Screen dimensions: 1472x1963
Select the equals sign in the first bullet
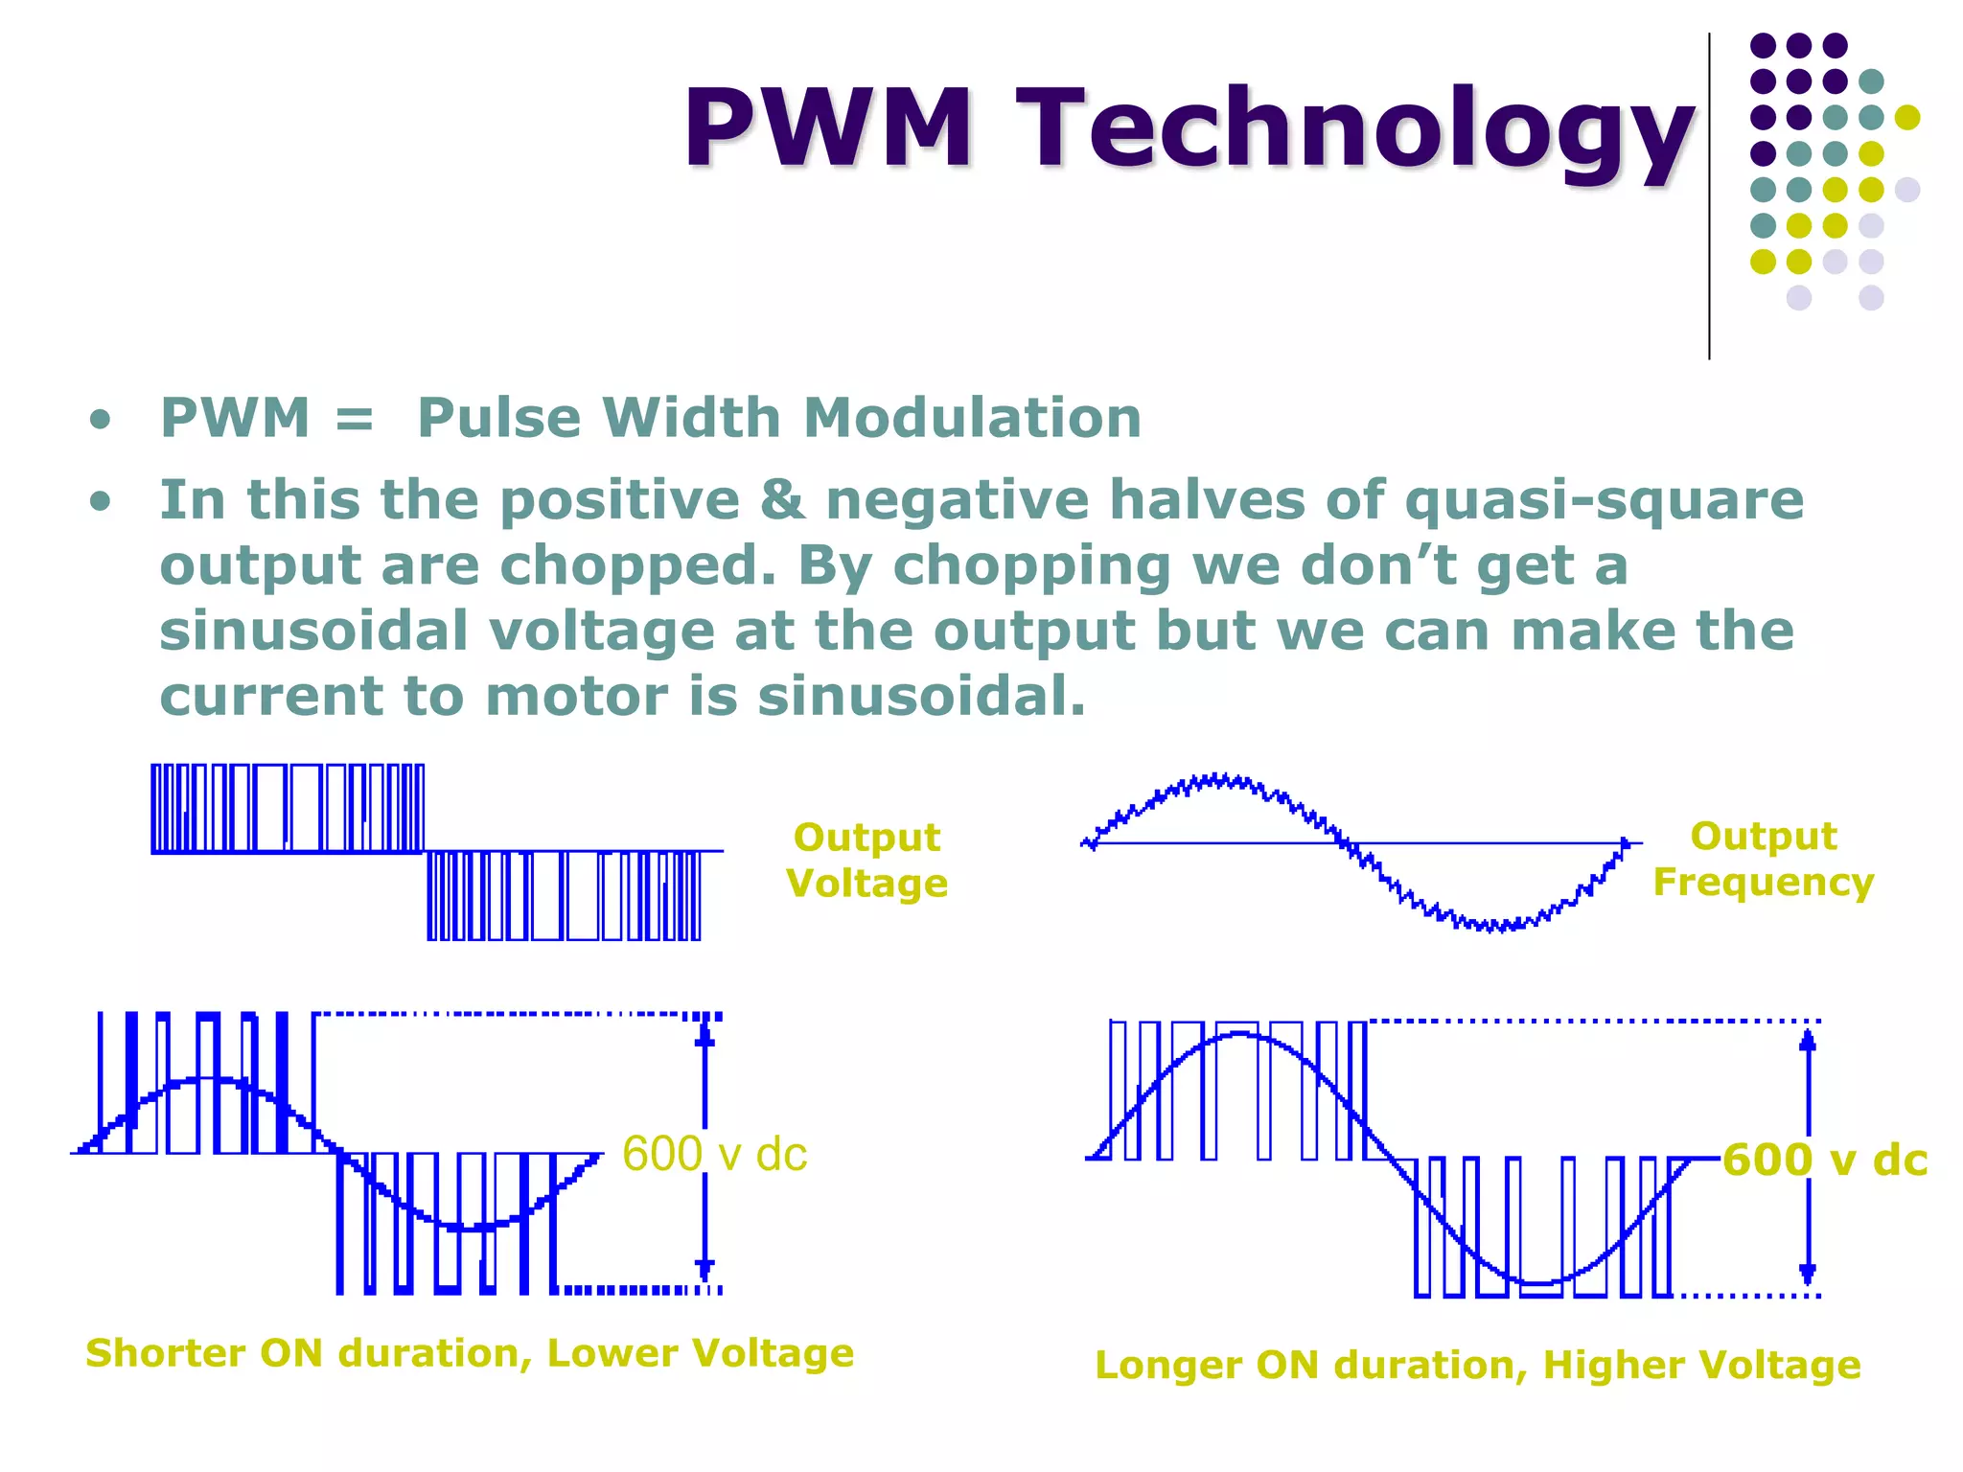(x=355, y=419)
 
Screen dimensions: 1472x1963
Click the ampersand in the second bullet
(x=783, y=500)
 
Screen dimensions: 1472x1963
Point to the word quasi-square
(x=1604, y=500)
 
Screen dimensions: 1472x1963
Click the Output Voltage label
(x=866, y=860)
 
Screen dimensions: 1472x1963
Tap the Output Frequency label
(x=1763, y=859)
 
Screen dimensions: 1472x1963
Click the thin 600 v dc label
(x=714, y=1154)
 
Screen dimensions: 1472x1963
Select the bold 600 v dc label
(x=1824, y=1160)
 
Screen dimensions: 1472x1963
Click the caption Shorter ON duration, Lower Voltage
(x=470, y=1353)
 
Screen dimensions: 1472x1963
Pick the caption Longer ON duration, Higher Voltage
(x=1477, y=1365)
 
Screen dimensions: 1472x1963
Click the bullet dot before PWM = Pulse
(x=100, y=421)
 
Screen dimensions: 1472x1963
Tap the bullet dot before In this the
(x=100, y=502)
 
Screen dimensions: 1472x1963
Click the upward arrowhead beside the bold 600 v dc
(x=1808, y=1041)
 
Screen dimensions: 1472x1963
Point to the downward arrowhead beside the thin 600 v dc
(x=705, y=1270)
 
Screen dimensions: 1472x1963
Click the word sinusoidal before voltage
(x=313, y=631)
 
